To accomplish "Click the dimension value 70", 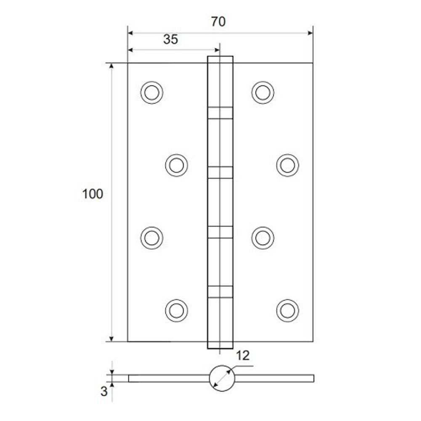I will coord(218,22).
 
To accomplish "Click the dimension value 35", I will coord(171,40).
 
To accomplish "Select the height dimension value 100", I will coord(92,194).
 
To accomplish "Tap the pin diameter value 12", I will coord(242,356).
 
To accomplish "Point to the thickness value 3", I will coord(104,392).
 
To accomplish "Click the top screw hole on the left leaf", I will coord(152,92).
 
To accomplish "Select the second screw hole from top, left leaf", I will coord(176,165).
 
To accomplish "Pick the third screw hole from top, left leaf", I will coord(152,237).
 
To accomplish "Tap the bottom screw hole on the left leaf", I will coord(176,310).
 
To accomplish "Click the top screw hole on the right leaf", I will coord(263,92).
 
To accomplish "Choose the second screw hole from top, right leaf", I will coord(288,165).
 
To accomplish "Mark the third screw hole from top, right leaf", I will coord(263,237).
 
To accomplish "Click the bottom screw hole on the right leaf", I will coord(288,310).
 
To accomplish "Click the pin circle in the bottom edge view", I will coord(221,378).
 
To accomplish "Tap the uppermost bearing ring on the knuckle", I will coord(220,113).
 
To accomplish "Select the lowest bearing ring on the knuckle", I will coord(220,292).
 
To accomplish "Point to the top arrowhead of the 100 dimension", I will coord(112,67).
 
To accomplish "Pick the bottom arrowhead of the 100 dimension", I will coord(112,338).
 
